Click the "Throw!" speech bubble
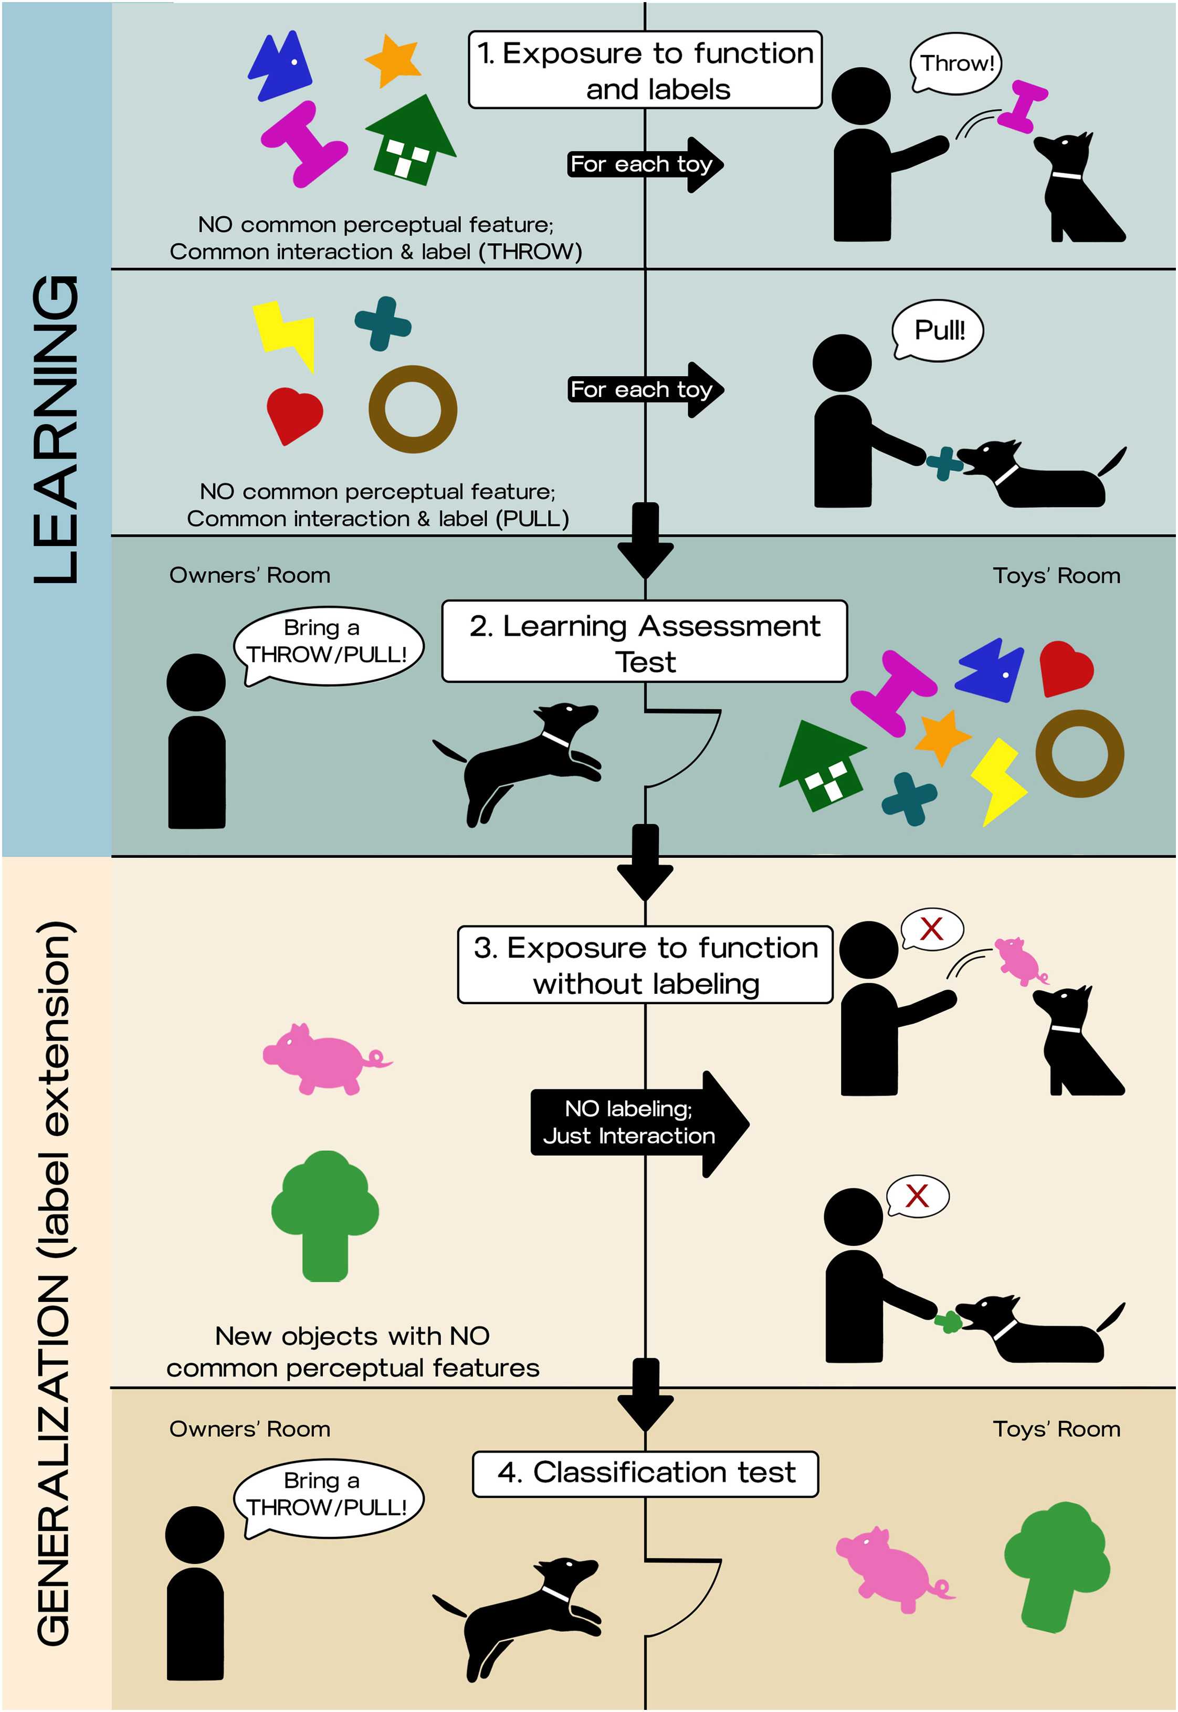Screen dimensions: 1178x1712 coord(956,64)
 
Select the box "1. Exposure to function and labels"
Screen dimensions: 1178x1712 coord(645,70)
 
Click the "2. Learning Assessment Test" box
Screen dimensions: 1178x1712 coord(644,641)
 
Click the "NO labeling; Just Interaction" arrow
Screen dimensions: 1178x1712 coord(639,1123)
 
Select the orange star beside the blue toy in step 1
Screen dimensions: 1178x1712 coord(393,60)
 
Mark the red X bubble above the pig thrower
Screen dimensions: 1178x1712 coord(931,929)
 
